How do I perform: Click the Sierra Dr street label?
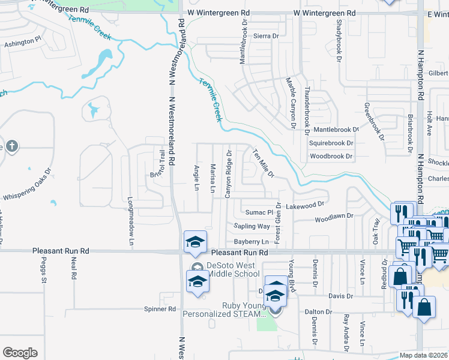267,36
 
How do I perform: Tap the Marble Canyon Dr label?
291,103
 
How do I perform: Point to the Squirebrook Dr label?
331,143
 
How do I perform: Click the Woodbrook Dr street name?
331,156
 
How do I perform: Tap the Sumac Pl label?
259,212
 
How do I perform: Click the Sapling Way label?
252,226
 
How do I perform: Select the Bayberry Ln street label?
252,241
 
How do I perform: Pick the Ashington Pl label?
22,44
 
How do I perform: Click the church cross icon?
11,146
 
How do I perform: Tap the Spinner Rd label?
160,309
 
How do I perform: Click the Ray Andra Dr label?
346,332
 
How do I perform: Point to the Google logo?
20,353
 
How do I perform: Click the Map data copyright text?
423,355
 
